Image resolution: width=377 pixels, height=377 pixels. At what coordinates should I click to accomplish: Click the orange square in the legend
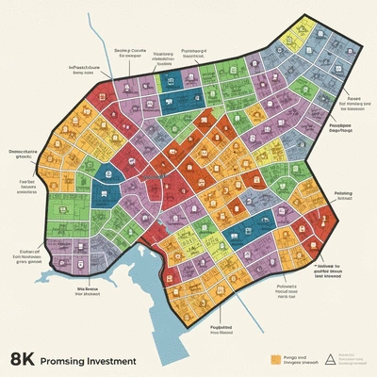[276, 358]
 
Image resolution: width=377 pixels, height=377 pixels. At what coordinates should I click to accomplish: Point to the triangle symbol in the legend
[329, 358]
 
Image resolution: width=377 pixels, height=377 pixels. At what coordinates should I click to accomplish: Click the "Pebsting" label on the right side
[343, 192]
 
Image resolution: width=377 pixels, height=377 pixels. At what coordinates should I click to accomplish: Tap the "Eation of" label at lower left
[31, 253]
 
